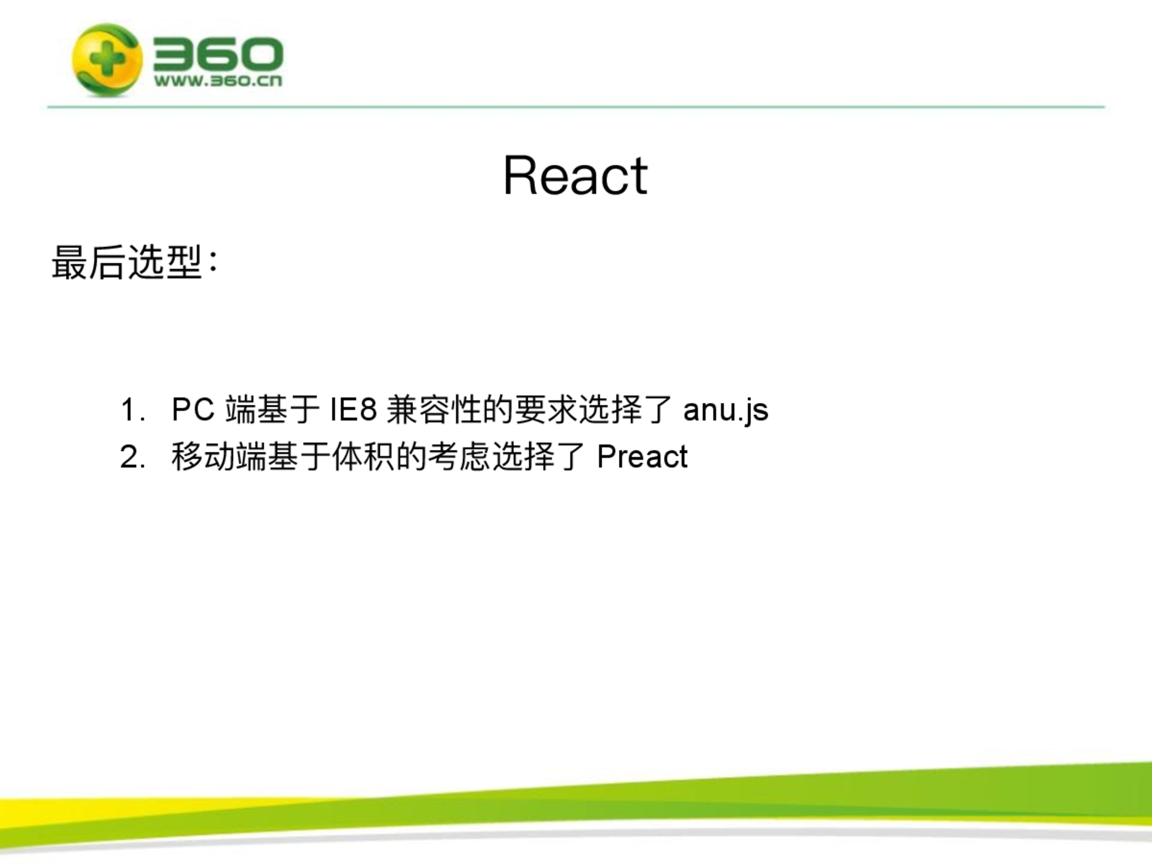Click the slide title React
[575, 175]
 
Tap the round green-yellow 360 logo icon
[107, 60]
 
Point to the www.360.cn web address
[218, 81]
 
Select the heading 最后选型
[126, 262]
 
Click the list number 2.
[132, 457]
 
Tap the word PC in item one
[193, 409]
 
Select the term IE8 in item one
[354, 409]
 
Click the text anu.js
[726, 410]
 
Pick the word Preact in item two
[642, 457]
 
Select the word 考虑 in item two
[459, 457]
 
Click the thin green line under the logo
[576, 107]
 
